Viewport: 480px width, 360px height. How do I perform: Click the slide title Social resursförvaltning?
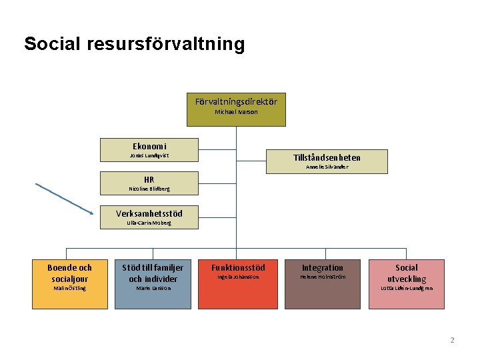(x=134, y=45)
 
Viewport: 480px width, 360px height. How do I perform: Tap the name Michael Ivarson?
(x=236, y=112)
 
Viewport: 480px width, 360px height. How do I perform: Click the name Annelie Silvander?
(x=327, y=167)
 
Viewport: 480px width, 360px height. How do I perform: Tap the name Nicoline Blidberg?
(x=149, y=189)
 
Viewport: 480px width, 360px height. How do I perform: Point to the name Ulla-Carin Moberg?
(x=149, y=223)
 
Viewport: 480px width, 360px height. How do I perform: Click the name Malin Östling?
(x=70, y=288)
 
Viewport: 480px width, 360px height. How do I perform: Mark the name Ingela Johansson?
(x=238, y=277)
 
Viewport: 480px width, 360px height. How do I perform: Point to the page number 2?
(x=452, y=340)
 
